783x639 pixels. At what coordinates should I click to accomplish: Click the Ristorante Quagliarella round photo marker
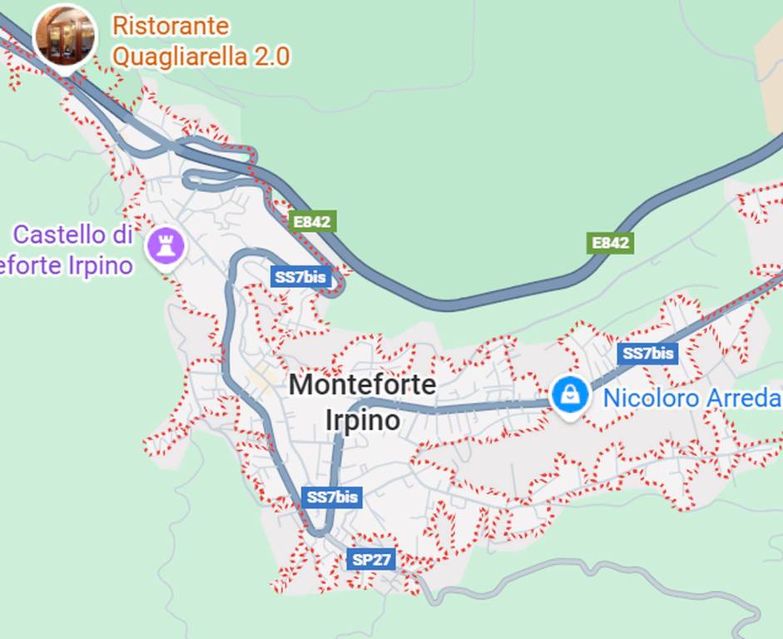(65, 35)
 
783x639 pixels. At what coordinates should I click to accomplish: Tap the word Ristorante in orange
(171, 26)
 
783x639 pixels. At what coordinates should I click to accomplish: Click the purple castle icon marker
(165, 246)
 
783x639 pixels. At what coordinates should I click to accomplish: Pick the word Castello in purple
(61, 235)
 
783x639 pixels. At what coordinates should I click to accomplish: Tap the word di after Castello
(122, 235)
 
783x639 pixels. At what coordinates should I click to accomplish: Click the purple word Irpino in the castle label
(103, 265)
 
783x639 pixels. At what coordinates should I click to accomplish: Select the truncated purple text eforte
(33, 265)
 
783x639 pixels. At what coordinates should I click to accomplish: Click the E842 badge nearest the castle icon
(313, 222)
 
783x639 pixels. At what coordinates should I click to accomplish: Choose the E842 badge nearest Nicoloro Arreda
(609, 243)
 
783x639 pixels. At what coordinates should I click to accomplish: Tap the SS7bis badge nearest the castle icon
(300, 277)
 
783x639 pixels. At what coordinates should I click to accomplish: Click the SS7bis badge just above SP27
(332, 498)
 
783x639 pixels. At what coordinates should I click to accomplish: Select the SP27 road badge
(371, 559)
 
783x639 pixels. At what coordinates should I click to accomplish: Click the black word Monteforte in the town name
(362, 385)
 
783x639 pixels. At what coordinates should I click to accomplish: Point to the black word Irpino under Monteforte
(362, 420)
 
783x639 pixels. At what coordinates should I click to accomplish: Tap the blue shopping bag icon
(571, 395)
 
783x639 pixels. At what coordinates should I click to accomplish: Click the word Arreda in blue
(743, 399)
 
